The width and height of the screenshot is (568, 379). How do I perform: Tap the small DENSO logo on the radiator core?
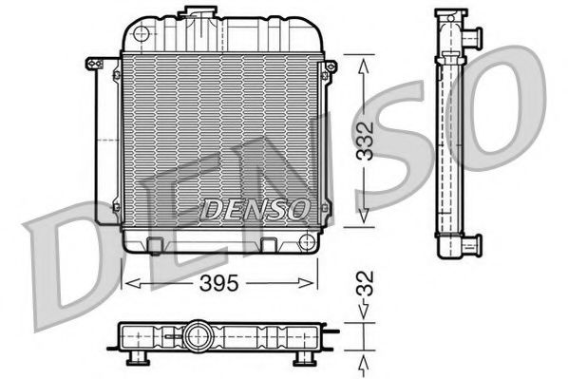pos(255,207)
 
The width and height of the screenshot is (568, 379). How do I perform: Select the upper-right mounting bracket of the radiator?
pos(330,68)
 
